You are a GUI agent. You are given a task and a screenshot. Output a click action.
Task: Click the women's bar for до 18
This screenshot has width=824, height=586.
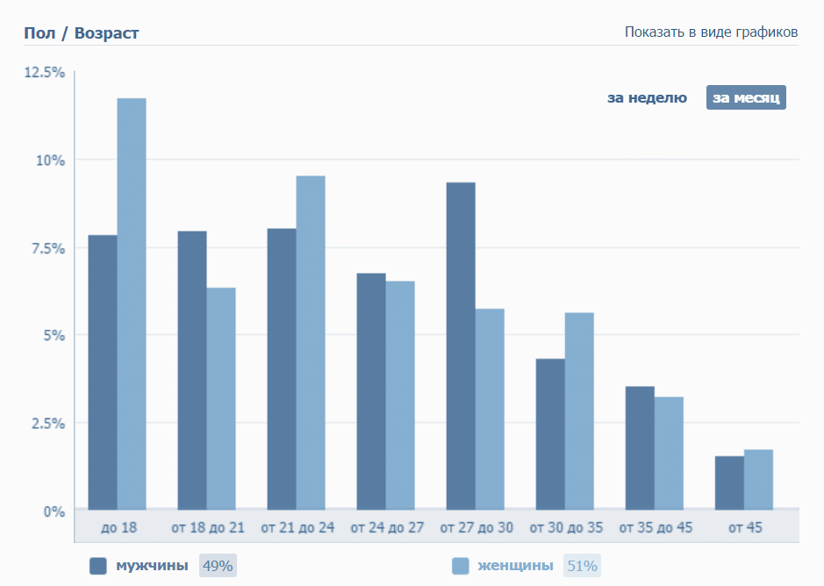[132, 304]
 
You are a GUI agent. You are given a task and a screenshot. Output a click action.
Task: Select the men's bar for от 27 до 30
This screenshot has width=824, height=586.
[461, 346]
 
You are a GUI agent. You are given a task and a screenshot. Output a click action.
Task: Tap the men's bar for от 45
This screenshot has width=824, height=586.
[729, 482]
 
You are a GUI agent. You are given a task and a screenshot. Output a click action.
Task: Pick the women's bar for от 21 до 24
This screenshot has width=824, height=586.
[311, 342]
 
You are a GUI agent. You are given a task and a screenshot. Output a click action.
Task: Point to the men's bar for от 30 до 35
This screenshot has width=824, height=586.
[550, 433]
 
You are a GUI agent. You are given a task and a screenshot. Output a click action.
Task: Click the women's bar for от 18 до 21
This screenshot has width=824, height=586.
[221, 398]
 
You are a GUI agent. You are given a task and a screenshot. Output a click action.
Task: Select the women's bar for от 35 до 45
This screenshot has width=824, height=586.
[669, 453]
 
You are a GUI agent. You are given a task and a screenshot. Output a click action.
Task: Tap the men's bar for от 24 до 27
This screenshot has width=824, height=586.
[371, 391]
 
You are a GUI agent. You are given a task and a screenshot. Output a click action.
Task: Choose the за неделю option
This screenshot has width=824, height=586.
[647, 97]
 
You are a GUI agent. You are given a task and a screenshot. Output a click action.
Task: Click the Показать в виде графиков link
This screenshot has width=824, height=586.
[711, 32]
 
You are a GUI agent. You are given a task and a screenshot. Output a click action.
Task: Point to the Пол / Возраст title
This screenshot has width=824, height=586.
[82, 33]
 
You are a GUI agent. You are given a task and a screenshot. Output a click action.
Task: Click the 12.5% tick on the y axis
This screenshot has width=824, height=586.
[44, 72]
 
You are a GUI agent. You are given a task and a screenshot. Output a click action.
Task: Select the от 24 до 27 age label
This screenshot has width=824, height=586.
[387, 528]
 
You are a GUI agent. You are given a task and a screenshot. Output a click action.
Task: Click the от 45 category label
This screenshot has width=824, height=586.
[745, 528]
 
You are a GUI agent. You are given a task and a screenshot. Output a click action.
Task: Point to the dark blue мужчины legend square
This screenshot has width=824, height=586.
[98, 566]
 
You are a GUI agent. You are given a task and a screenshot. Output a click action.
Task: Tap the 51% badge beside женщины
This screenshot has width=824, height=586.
[582, 566]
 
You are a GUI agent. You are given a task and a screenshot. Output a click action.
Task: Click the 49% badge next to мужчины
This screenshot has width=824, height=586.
[218, 566]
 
